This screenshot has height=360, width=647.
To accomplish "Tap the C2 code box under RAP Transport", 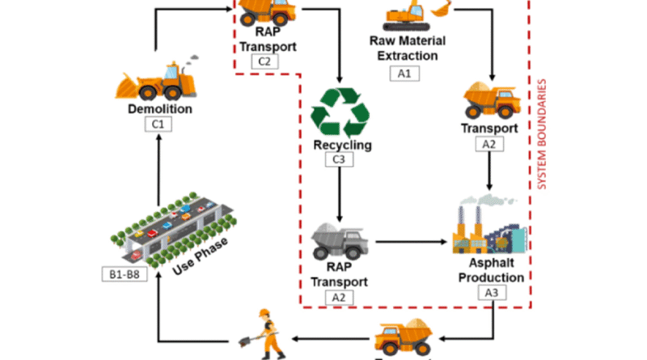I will [264, 61].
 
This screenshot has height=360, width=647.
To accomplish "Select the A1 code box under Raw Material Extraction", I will [404, 74].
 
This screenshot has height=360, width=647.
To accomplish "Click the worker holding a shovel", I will [268, 334].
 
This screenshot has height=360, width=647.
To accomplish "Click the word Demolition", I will [160, 108].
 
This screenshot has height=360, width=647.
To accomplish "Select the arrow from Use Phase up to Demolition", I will [159, 166].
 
